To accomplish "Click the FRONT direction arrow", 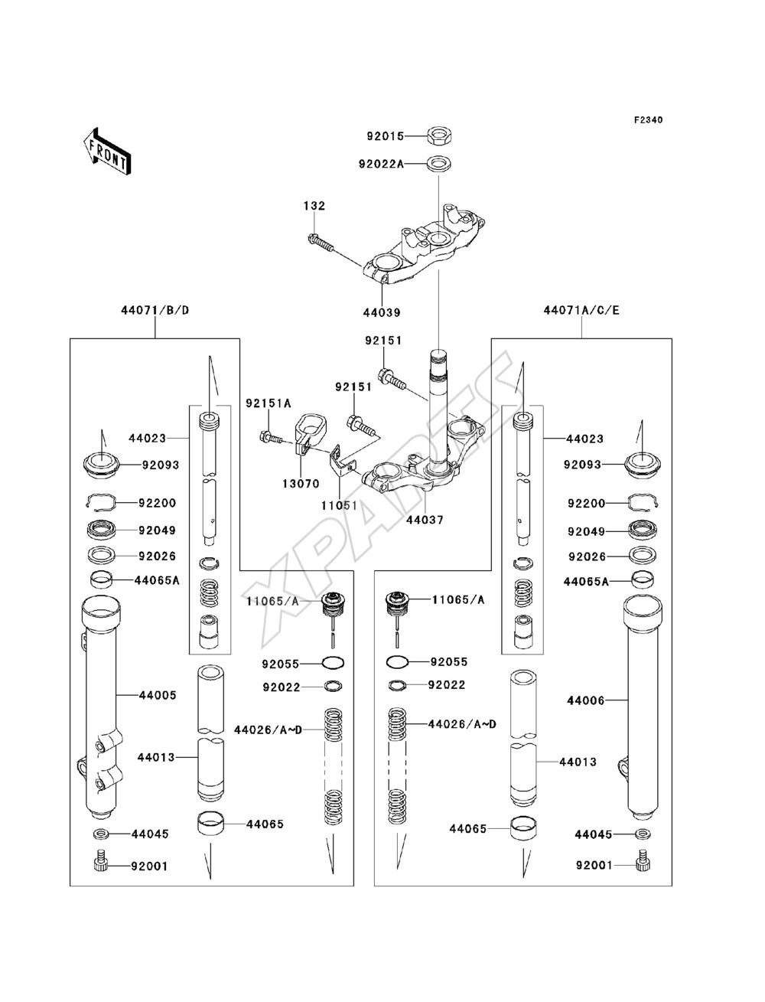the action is (x=107, y=150).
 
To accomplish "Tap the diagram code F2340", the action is (x=648, y=120).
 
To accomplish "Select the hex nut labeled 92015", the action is (x=439, y=135).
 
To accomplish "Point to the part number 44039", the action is (x=382, y=313).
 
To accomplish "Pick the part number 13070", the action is (x=301, y=484).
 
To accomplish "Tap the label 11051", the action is (x=339, y=505).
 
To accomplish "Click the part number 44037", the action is (x=425, y=520).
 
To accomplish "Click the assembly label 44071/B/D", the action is (x=155, y=311).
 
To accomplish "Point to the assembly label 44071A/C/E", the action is (x=581, y=311).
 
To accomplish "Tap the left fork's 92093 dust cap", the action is (x=101, y=465).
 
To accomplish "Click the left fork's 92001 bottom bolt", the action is (x=101, y=863).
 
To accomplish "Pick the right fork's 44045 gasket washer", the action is (x=643, y=834).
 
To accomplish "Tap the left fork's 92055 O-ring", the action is (x=333, y=663).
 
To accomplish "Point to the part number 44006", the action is (x=586, y=700).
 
